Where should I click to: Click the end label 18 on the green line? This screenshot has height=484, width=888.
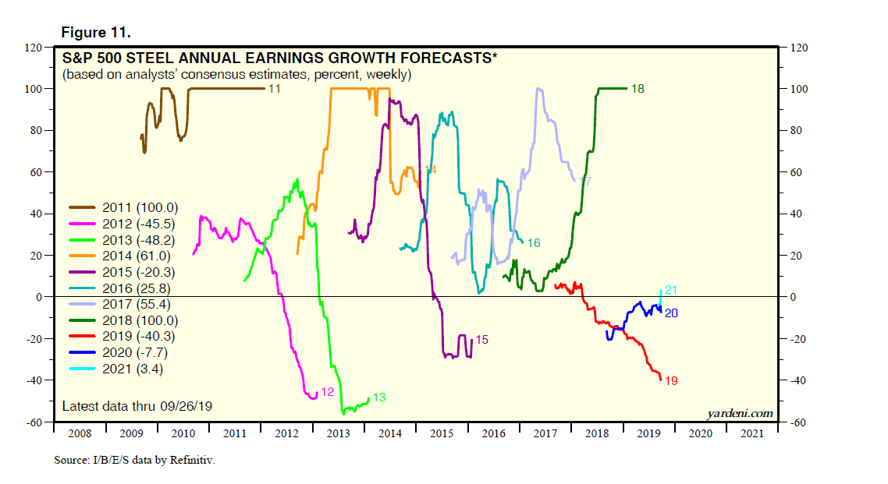point(638,89)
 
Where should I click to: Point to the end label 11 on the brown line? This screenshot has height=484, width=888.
point(275,89)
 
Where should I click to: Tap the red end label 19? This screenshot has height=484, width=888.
point(671,381)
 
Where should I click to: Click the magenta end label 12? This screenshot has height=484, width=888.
point(328,392)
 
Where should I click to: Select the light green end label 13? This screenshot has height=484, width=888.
point(379,397)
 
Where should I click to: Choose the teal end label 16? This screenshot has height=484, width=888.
point(534,243)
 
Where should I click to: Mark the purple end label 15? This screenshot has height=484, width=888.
point(482,340)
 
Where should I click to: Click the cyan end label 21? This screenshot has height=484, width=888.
point(670,290)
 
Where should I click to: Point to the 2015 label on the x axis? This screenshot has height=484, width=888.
point(442,433)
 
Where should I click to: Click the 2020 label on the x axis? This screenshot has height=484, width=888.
point(699,433)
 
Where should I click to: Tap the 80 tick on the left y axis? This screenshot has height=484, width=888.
point(35,130)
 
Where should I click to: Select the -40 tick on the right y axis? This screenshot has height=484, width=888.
point(798,380)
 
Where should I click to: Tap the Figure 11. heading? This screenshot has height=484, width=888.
point(96,33)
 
